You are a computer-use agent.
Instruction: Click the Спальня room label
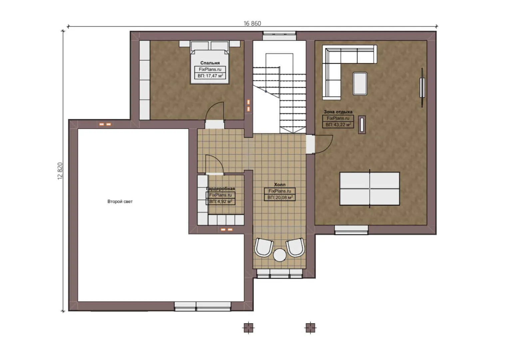[x=210, y=63]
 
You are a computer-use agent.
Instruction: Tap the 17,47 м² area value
[x=210, y=76]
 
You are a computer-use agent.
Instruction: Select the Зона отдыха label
[x=338, y=112]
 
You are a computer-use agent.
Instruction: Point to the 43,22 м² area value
[x=338, y=125]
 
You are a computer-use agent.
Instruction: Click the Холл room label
[x=279, y=184]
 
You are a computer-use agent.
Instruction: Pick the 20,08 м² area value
[x=280, y=198]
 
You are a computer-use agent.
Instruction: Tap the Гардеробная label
[x=221, y=189]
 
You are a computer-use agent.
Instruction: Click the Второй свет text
[x=120, y=202]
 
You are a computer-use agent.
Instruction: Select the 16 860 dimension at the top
[x=252, y=23]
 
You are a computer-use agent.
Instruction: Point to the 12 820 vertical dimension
[x=60, y=171]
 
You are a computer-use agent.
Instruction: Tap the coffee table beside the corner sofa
[x=360, y=84]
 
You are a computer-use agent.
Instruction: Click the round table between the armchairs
[x=280, y=255]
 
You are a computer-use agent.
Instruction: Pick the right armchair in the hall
[x=295, y=247]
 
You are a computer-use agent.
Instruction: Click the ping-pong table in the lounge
[x=369, y=189]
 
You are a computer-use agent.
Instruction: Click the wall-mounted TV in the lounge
[x=422, y=88]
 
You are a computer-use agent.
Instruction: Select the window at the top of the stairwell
[x=279, y=33]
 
